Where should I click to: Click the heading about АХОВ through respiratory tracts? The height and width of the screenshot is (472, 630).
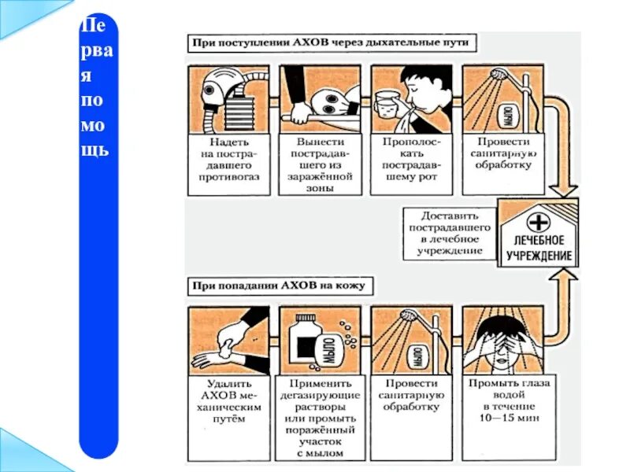tap(332, 42)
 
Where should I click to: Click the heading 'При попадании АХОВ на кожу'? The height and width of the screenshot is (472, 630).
tap(280, 285)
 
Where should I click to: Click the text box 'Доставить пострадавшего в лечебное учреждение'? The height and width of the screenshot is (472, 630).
tap(450, 233)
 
